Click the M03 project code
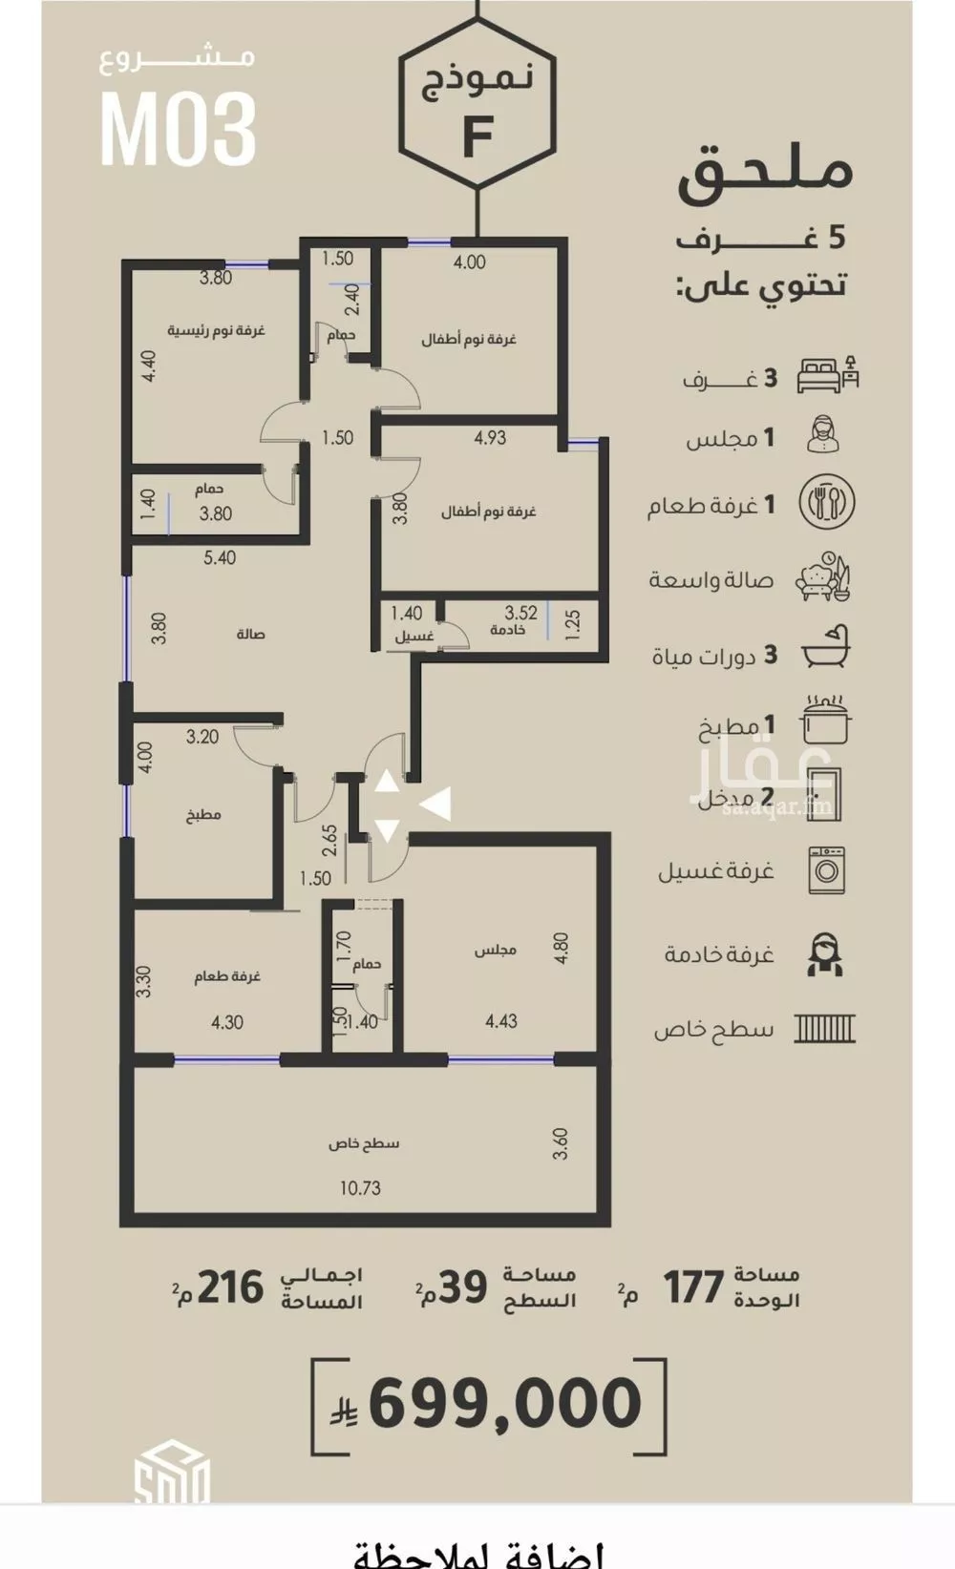point(179,129)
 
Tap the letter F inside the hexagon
point(477,135)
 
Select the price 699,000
point(504,1403)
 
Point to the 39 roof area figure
point(462,1287)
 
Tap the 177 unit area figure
point(693,1287)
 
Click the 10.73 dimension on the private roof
point(360,1188)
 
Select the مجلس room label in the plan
point(496,950)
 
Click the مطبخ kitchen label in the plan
point(203,815)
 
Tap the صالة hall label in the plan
point(250,634)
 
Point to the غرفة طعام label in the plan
point(227,976)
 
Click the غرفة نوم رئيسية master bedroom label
point(217,330)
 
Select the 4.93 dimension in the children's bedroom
point(490,438)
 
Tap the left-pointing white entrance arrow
point(435,805)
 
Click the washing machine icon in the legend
point(826,869)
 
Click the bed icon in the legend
point(827,373)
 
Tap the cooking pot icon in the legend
point(827,720)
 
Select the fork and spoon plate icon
point(826,503)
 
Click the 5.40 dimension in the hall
point(220,558)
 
